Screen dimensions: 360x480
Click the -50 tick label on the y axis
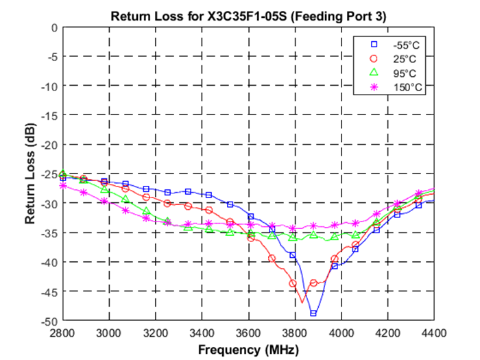click(x=49, y=321)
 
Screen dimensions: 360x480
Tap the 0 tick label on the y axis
click(x=54, y=27)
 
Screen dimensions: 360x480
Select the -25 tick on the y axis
click(x=49, y=174)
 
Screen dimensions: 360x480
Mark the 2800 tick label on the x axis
click(x=62, y=333)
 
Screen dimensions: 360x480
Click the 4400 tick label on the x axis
click(x=433, y=333)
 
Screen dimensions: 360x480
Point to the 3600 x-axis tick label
click(x=248, y=333)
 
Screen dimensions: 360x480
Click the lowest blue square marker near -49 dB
click(x=313, y=313)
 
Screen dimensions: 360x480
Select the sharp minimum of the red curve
click(x=302, y=302)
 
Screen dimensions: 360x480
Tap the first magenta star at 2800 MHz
click(x=63, y=186)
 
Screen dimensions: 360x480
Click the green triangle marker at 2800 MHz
click(x=63, y=173)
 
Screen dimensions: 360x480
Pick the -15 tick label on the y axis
click(x=49, y=115)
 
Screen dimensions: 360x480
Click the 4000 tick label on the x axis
click(x=341, y=333)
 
